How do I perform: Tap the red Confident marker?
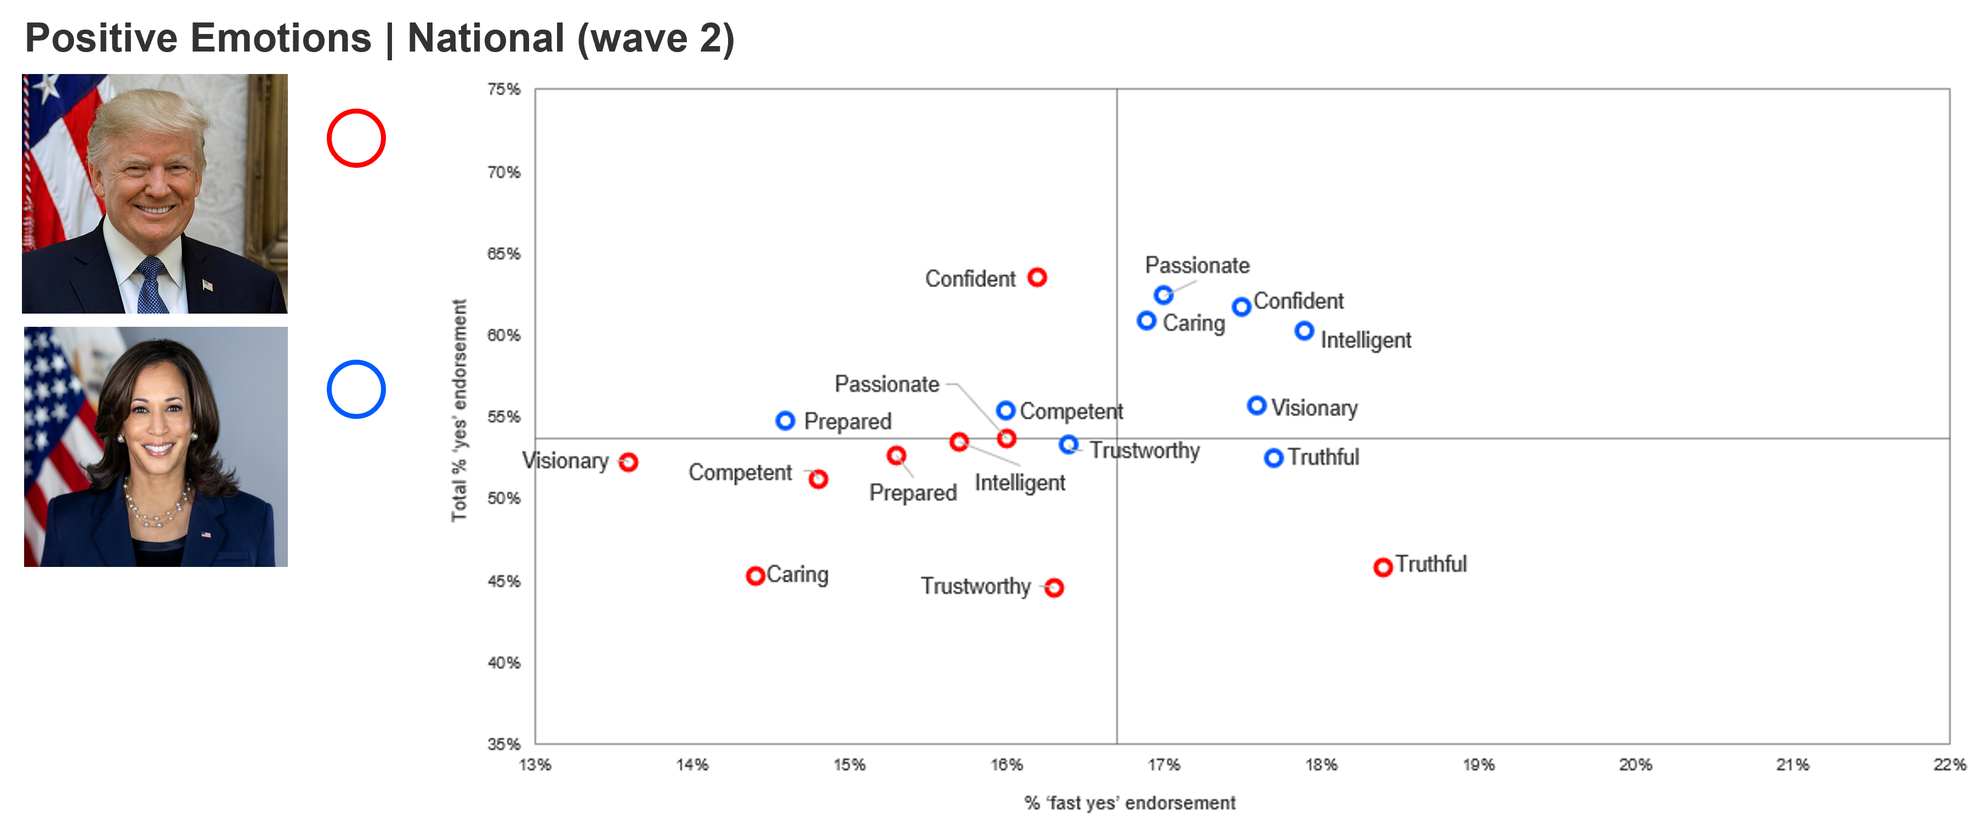1037,277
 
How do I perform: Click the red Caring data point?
755,576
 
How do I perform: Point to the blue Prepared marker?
785,421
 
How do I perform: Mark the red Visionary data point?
628,462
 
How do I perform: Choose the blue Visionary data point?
1257,406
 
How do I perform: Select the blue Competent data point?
1005,410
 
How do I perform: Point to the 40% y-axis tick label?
504,663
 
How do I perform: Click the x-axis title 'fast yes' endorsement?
1129,803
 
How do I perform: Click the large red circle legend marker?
356,139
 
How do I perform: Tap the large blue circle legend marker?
356,389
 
